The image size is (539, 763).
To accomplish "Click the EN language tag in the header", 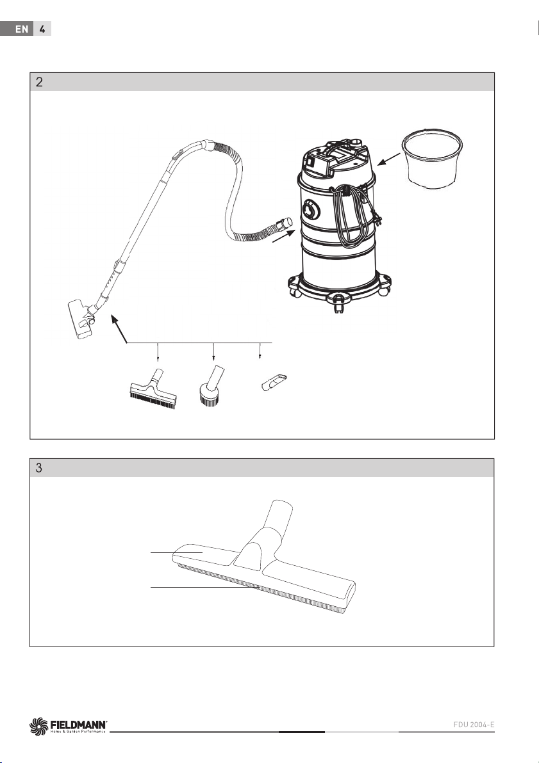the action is [x=21, y=29].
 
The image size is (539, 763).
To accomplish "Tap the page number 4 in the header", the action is [x=42, y=29].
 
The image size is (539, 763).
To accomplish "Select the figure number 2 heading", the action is [x=39, y=82].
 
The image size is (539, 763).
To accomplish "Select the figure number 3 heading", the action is [x=39, y=468].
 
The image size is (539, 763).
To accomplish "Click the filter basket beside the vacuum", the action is [x=432, y=159].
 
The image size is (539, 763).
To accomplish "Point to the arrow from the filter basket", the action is [x=389, y=159].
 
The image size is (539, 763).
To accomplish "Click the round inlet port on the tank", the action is [x=310, y=210].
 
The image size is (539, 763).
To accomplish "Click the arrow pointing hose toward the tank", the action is [x=284, y=236].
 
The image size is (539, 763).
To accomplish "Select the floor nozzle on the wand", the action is [x=80, y=319].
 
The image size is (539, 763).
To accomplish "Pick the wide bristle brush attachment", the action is [x=153, y=389].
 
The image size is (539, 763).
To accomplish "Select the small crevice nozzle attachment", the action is [x=274, y=383].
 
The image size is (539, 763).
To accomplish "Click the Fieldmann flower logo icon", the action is [x=39, y=726].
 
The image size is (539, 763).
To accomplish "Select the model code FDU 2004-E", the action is [x=474, y=725].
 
